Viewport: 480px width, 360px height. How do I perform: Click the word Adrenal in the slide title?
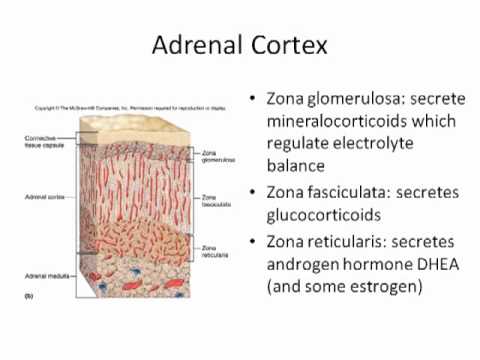[x=195, y=45]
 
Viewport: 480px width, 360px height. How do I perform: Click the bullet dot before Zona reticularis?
[x=252, y=241]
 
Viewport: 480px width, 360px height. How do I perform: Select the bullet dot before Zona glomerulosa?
[x=252, y=101]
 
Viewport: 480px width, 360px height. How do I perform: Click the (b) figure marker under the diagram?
[x=27, y=298]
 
